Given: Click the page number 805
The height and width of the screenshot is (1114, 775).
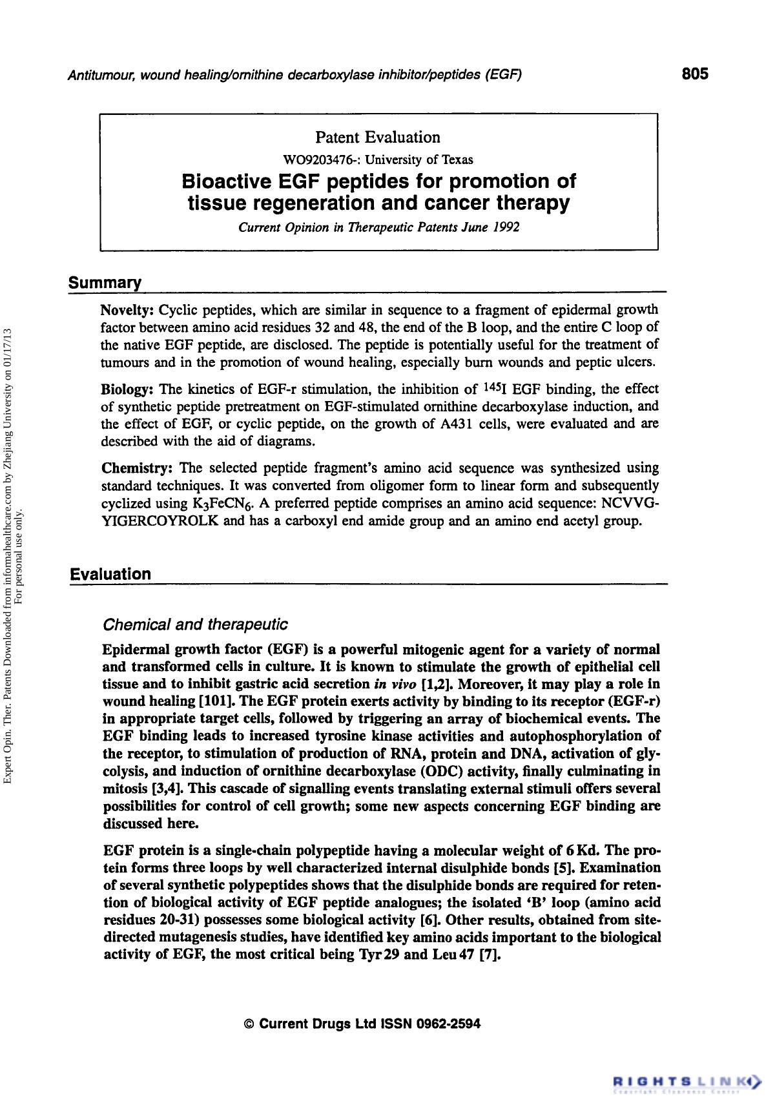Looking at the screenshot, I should point(695,74).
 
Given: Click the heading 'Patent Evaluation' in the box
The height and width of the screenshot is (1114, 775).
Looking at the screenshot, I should point(378,138).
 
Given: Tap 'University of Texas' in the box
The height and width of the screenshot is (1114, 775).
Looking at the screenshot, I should point(418,160).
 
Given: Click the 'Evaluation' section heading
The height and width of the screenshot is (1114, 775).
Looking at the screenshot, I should point(110,574).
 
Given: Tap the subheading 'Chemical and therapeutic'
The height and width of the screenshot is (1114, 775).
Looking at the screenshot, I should point(195,624).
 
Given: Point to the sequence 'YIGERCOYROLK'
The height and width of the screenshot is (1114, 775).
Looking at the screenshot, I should point(160,521).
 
